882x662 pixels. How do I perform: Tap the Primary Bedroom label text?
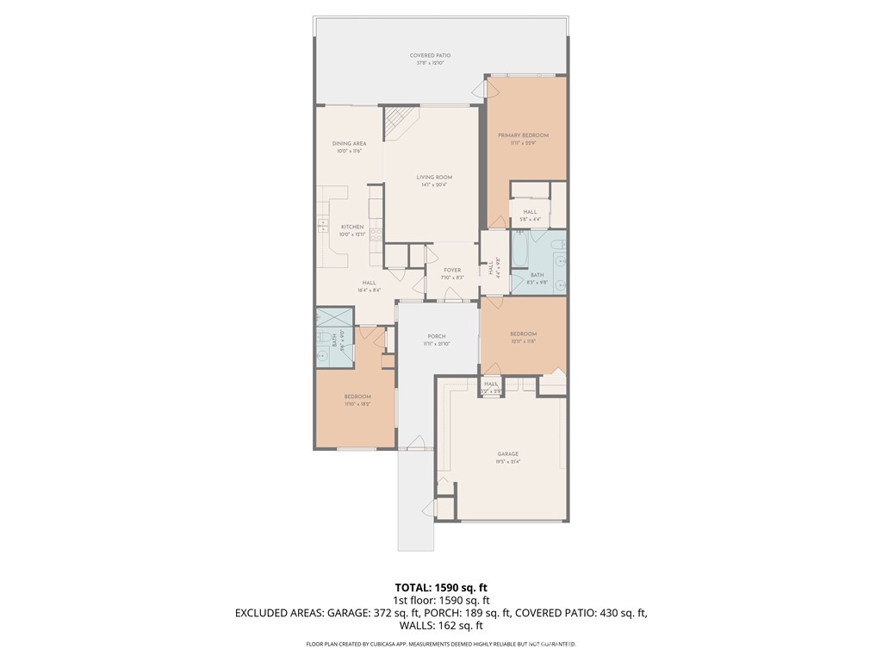[523, 135]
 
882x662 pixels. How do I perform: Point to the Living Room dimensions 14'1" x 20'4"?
[434, 184]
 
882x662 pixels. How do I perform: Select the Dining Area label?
[349, 143]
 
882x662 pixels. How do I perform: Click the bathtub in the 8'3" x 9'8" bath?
[522, 250]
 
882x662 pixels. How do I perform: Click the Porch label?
[437, 336]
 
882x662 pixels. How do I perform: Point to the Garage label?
[507, 453]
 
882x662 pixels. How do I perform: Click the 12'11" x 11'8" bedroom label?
[523, 334]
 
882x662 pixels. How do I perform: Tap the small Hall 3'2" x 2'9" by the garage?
[491, 384]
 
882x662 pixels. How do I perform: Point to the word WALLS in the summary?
[419, 626]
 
